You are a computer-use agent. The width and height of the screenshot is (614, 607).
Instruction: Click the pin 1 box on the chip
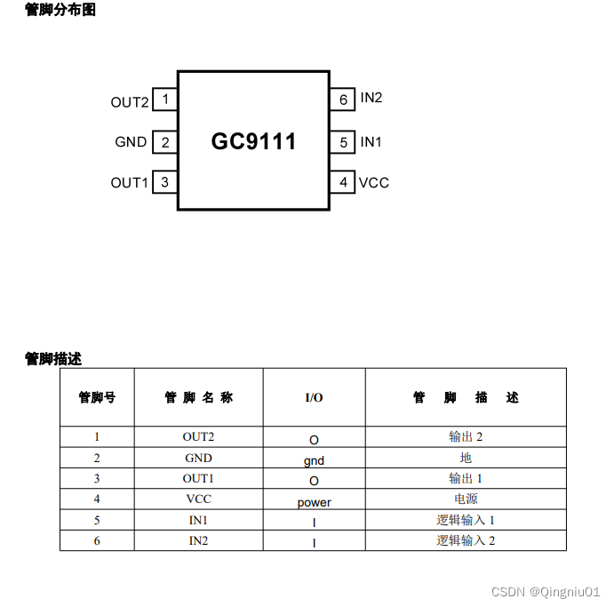[x=165, y=100]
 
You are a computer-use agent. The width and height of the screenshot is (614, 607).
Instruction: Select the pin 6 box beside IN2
[x=343, y=100]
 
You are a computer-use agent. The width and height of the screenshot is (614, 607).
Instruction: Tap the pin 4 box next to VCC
[x=343, y=182]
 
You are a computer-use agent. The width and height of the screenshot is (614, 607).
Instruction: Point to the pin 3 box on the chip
[x=165, y=182]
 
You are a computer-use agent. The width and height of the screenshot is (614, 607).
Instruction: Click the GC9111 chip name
[x=253, y=141]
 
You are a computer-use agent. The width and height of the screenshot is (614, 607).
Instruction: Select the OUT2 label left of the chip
[x=130, y=102]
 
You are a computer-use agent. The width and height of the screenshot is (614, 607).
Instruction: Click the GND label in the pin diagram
[x=131, y=142]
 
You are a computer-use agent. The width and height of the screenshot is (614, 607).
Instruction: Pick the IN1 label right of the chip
[x=371, y=142]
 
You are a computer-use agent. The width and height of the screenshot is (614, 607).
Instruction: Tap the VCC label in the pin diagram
[x=374, y=183]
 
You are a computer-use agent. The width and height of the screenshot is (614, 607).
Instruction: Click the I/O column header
[x=314, y=397]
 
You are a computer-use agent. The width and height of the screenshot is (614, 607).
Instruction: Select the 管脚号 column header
[x=97, y=397]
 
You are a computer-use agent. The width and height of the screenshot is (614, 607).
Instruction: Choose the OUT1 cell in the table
[x=198, y=478]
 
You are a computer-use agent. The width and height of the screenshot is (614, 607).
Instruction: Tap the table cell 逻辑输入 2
[x=466, y=540]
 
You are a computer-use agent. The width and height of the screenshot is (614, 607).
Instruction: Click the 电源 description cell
[x=466, y=499]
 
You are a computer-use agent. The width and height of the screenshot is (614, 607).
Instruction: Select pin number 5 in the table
[x=97, y=520]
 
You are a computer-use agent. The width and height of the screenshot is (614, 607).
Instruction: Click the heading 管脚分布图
[x=60, y=10]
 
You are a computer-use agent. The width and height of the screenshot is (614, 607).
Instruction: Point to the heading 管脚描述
[x=53, y=359]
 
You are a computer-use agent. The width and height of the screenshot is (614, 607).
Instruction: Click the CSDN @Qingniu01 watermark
[x=546, y=591]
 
